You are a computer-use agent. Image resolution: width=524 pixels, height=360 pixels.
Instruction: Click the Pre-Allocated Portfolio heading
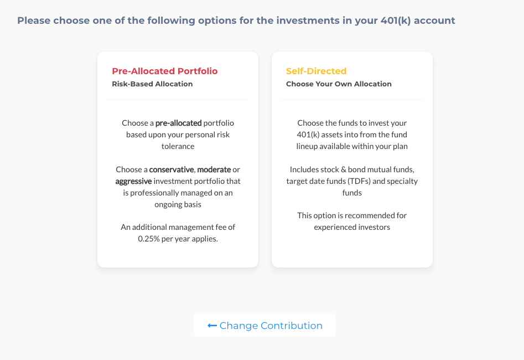[165, 71]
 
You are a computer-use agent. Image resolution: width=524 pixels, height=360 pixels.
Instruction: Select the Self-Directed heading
[316, 71]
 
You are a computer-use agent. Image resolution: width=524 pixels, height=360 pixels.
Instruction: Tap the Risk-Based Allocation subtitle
[152, 84]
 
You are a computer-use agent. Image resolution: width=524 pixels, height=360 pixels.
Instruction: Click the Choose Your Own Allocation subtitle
[339, 84]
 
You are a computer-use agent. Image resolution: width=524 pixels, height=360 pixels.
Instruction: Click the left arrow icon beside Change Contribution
[212, 326]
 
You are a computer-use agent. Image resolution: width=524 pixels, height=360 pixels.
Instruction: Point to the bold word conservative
[172, 169]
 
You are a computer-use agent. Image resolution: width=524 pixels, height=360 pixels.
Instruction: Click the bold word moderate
[214, 169]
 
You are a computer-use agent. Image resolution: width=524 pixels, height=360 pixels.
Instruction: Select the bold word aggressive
[133, 181]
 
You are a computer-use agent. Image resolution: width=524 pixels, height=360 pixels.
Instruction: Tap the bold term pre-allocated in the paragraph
[179, 123]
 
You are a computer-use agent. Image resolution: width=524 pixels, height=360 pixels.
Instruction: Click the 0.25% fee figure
[149, 239]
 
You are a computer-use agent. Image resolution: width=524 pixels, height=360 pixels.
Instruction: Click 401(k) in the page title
[396, 20]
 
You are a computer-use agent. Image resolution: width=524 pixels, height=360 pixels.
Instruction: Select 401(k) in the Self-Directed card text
[308, 135]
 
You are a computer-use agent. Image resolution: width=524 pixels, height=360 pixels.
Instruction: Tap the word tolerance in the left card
[178, 146]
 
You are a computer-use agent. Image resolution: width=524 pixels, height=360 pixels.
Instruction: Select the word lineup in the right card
[307, 147]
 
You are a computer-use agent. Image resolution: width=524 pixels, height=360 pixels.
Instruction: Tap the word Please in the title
[34, 20]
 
